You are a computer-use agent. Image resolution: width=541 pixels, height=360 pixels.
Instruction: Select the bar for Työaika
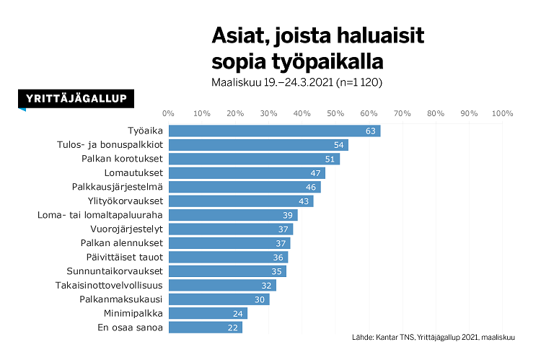coord(274,131)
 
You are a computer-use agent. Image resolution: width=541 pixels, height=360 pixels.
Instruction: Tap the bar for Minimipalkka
coord(208,313)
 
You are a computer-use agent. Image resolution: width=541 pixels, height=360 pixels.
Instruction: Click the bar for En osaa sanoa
coord(205,328)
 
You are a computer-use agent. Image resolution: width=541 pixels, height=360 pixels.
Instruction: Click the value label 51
coord(330,159)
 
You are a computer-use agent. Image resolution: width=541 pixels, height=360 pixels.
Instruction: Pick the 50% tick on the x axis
coord(335,113)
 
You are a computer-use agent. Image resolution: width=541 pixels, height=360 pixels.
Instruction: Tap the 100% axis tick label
coord(502,113)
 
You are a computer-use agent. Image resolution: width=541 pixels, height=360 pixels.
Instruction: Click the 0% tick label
coord(169,113)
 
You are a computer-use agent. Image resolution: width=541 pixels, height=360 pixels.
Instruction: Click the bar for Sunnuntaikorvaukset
coord(226,271)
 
